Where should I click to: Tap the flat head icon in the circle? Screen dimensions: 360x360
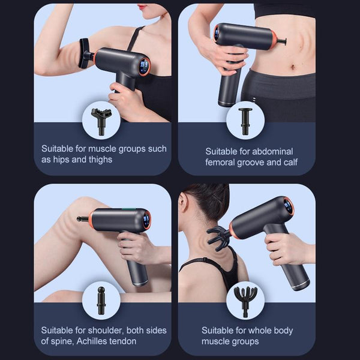(x=245, y=118)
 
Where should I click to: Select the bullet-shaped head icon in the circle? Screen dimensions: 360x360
(x=101, y=300)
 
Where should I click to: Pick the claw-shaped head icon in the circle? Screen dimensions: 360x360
(x=245, y=300)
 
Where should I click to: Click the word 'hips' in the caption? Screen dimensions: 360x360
(x=61, y=160)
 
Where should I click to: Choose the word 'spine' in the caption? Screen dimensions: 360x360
(x=63, y=341)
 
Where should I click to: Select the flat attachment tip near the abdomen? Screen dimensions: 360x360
(x=282, y=41)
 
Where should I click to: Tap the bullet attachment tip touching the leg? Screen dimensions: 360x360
(x=80, y=219)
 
